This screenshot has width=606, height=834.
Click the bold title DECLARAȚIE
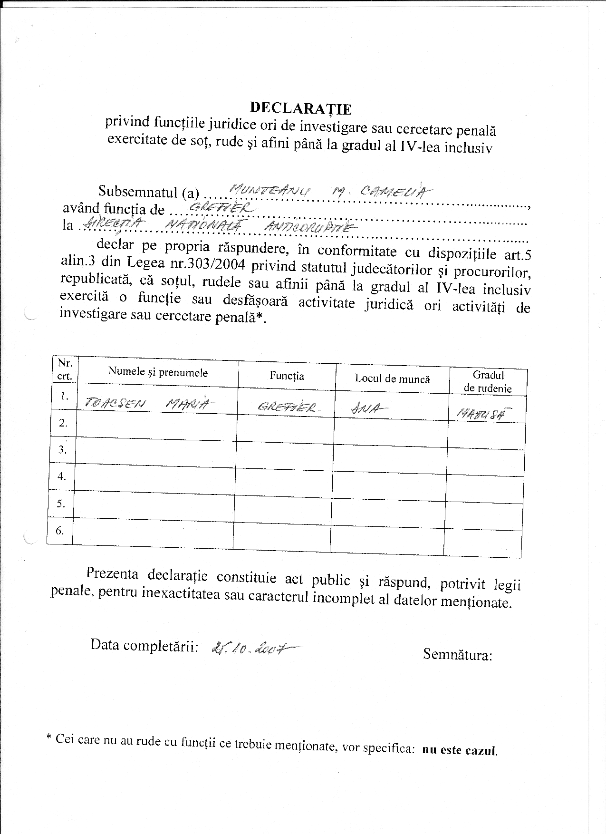301,109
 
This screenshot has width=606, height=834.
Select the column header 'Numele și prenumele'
158,372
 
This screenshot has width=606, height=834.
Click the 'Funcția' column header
287,376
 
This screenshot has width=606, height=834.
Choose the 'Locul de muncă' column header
392,379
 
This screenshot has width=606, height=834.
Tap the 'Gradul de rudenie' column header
488,382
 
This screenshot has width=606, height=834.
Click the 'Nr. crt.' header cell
65,369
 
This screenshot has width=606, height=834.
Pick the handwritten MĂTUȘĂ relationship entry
481,414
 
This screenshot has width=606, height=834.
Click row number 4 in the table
62,476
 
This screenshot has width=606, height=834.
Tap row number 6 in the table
60,530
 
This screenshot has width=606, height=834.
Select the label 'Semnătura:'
457,655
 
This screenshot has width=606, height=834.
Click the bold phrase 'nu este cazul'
459,750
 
